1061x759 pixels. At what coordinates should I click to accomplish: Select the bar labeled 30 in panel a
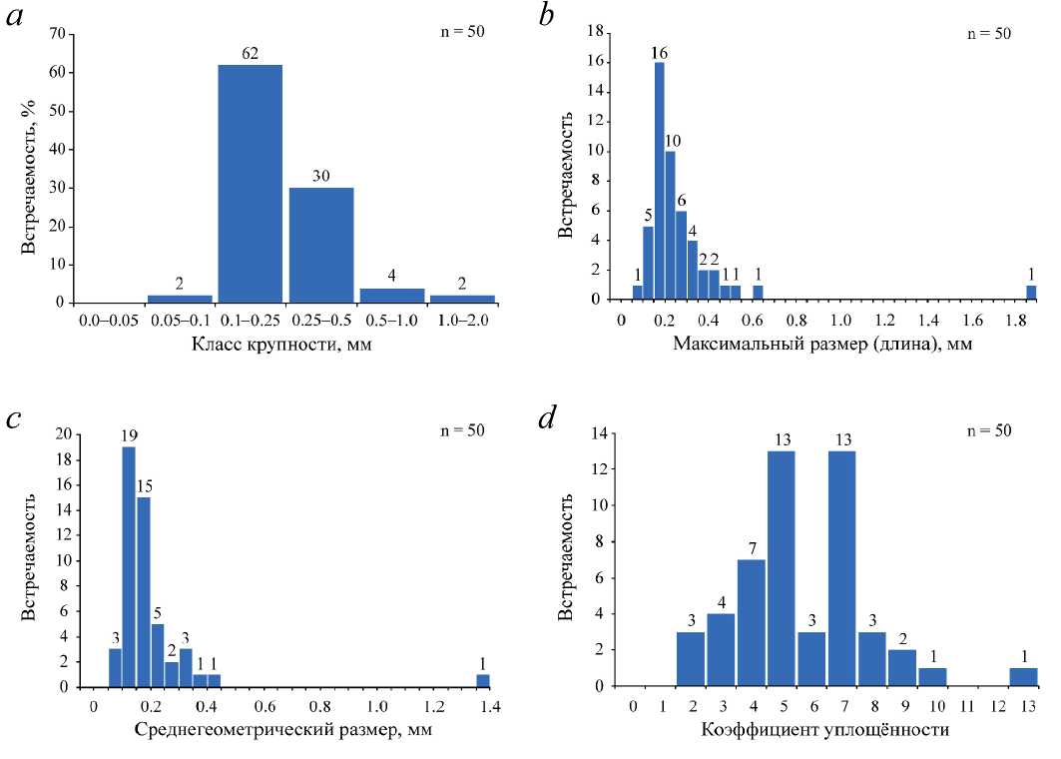click(321, 245)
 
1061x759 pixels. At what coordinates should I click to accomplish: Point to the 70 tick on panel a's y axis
click(57, 34)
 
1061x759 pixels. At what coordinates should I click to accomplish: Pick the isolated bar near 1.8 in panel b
click(1032, 293)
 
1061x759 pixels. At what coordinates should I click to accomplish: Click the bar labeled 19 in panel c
click(129, 566)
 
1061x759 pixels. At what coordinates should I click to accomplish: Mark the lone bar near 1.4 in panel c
click(483, 681)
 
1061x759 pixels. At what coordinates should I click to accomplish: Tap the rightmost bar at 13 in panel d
click(1024, 677)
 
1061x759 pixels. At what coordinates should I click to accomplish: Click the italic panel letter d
click(547, 418)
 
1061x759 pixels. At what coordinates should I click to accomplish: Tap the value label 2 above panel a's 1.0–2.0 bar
click(462, 283)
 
